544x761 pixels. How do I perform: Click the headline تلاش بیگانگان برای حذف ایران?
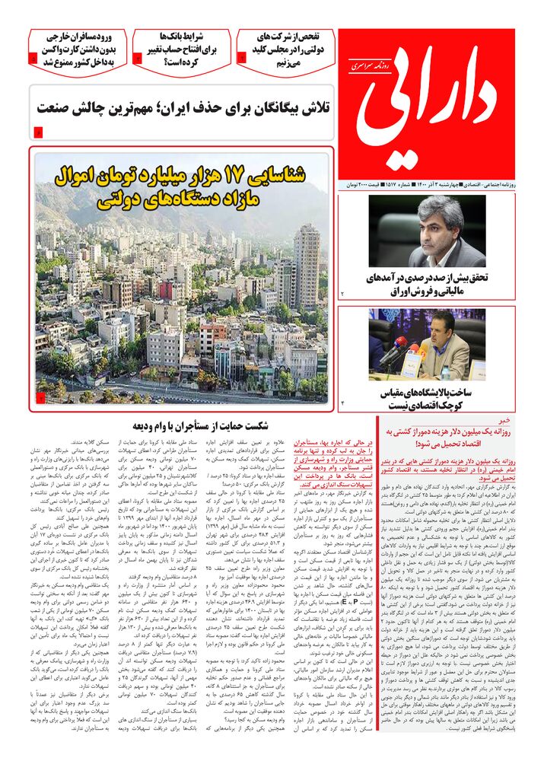tap(183, 109)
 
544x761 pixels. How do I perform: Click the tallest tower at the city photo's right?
tap(307, 259)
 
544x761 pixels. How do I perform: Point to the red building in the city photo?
tap(165, 290)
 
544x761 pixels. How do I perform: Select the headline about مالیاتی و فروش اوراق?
tap(427, 283)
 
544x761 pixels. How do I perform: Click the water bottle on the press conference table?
tap(445, 372)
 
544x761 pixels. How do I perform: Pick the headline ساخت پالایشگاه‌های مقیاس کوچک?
tap(428, 400)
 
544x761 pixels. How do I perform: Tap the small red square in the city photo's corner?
tap(40, 398)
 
